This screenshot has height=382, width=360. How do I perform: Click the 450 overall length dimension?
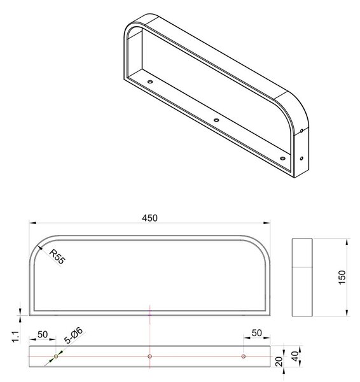pyautogui.click(x=149, y=218)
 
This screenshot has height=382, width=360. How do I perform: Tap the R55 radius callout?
pyautogui.click(x=57, y=257)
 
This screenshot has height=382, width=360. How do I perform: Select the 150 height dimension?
pyautogui.click(x=342, y=277)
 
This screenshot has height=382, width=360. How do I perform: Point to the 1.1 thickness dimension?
pyautogui.click(x=15, y=337)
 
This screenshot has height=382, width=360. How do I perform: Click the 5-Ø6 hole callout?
pyautogui.click(x=74, y=336)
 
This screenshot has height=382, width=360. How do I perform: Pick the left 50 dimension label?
pyautogui.click(x=43, y=334)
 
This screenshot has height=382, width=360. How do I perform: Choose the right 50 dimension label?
pyautogui.click(x=257, y=333)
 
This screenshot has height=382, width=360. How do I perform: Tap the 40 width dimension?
pyautogui.click(x=294, y=356)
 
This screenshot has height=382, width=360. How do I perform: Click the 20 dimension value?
pyautogui.click(x=280, y=362)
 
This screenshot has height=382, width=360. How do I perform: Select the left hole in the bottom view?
pyautogui.click(x=56, y=357)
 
